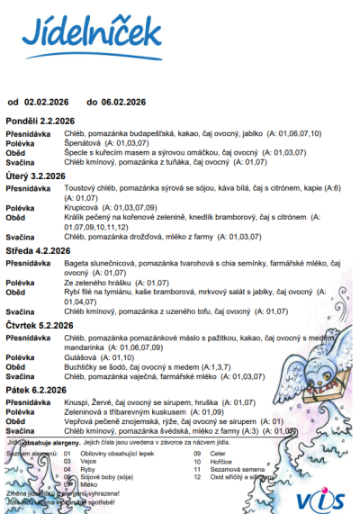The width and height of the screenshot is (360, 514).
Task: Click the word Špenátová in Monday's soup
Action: [82, 142]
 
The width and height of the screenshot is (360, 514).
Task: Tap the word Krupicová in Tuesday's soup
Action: [81, 206]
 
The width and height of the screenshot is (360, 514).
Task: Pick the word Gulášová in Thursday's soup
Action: [80, 358]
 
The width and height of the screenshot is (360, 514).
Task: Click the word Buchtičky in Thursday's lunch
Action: [83, 367]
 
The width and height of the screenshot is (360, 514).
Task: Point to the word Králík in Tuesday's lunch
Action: [75, 216]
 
